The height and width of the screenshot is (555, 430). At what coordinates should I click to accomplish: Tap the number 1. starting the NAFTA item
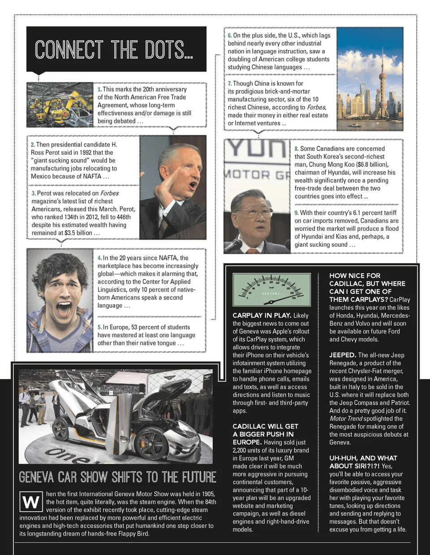pos(99,89)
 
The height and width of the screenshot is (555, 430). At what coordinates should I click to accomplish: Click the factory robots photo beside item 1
pos(60,105)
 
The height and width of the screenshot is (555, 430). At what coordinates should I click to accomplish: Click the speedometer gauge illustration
pos(271,290)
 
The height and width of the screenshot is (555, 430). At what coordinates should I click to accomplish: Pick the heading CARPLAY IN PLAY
pos(262,315)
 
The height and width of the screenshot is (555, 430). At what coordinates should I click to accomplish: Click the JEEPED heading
pos(343,355)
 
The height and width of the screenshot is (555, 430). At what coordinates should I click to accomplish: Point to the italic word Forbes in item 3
pos(109,193)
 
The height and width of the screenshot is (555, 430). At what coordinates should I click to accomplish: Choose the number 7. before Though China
pos(229,84)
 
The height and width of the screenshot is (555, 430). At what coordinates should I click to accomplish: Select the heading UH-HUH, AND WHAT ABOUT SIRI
pos(363,462)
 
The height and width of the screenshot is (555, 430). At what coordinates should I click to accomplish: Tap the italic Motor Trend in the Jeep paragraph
pos(346,419)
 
